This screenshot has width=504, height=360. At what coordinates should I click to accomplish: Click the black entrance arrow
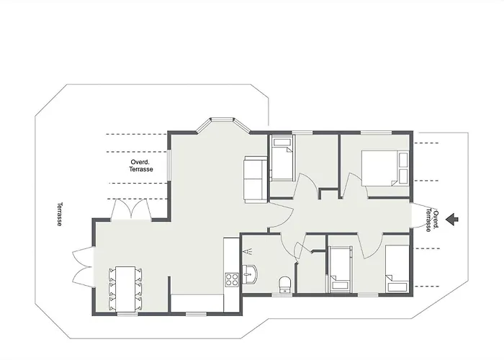click(452, 219)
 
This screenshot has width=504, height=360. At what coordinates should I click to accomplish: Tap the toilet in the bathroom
click(285, 284)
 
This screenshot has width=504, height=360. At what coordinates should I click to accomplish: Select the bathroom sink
click(250, 274)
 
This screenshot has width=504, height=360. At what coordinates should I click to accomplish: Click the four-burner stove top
click(231, 279)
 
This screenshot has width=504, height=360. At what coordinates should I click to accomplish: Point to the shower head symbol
click(248, 251)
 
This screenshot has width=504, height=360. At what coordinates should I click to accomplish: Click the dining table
click(125, 289)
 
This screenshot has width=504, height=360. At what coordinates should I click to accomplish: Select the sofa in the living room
click(256, 179)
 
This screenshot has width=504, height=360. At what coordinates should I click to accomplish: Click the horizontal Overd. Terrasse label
click(141, 166)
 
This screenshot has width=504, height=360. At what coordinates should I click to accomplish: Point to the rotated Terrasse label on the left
click(60, 214)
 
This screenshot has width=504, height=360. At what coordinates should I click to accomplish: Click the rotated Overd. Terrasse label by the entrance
click(432, 220)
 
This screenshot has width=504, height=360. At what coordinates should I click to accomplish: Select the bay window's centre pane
click(222, 120)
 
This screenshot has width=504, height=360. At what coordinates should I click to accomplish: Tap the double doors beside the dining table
click(83, 266)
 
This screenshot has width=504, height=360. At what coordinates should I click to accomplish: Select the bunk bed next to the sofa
click(282, 158)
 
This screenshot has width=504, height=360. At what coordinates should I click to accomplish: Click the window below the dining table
click(127, 314)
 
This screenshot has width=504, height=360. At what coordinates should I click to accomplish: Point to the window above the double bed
click(376, 132)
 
